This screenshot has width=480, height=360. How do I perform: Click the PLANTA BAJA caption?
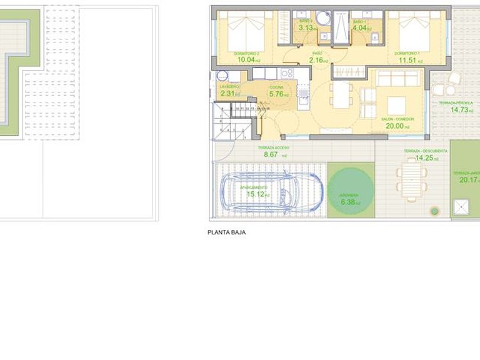pos(226,232)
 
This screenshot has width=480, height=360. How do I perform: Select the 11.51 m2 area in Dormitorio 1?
pos(408,61)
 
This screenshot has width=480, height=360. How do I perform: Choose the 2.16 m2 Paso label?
pos(319,61)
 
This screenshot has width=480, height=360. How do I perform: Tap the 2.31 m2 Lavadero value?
pos(229,94)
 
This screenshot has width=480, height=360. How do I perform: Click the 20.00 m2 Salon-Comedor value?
pos(396,126)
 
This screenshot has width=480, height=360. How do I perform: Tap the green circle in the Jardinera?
pos(350,191)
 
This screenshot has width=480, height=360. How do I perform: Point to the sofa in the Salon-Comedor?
pos(398,78)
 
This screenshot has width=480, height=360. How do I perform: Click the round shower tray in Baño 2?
pos(322,18)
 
